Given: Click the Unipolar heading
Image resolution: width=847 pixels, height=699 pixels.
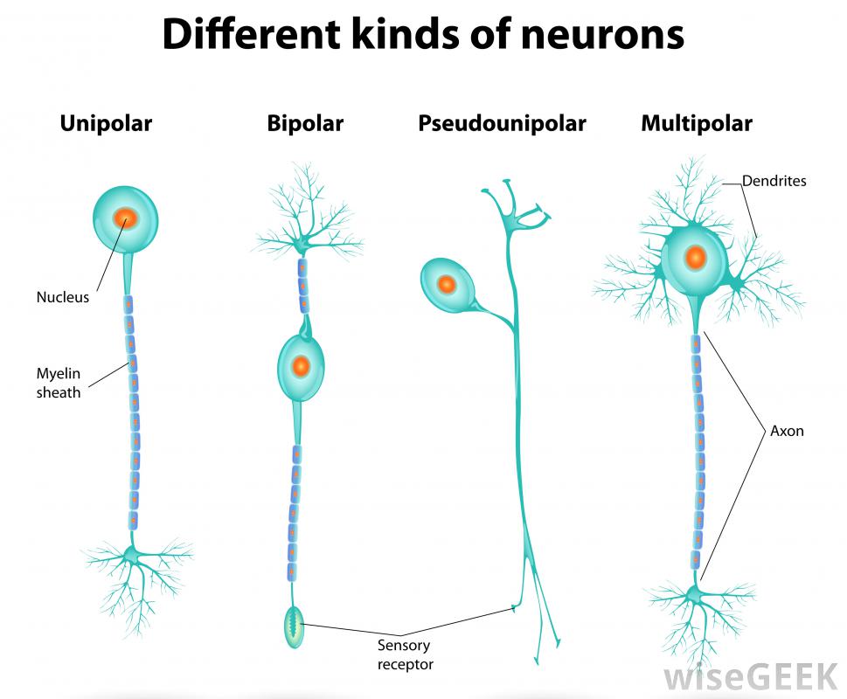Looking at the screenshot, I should click(106, 124).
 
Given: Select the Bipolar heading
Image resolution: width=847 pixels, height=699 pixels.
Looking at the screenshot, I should click(305, 124).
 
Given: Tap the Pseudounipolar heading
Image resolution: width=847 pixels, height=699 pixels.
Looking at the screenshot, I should click(502, 124).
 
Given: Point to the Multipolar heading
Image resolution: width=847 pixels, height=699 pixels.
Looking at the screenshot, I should click(696, 124).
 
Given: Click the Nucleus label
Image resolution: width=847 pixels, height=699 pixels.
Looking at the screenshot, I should click(62, 297).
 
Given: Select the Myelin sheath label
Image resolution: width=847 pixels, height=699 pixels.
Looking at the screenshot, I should click(58, 383).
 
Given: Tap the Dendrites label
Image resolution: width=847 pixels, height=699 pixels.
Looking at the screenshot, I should click(774, 182).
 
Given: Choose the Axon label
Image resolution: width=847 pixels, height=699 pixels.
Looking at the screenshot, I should click(787, 431).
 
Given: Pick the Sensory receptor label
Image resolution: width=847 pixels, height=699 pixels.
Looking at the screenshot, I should click(405, 655).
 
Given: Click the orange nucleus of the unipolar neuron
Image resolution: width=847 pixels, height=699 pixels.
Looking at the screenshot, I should click(125, 218).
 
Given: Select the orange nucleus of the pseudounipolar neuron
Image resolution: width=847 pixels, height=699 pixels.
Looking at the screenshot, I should click(446, 284).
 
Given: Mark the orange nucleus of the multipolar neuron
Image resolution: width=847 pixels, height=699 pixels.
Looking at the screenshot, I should click(695, 258).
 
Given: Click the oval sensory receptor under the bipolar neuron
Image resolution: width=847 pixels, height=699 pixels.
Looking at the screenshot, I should click(294, 626).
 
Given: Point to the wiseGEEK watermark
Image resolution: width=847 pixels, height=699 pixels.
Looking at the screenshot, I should click(750, 677).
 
